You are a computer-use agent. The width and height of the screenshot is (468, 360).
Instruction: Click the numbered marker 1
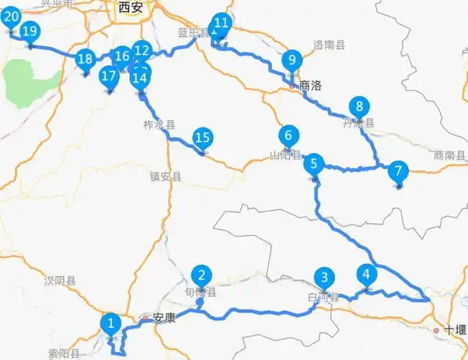tap(110, 322)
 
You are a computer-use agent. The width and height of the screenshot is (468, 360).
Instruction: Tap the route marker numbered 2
tap(201, 276)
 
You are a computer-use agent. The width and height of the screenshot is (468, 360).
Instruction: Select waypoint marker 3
tap(324, 278)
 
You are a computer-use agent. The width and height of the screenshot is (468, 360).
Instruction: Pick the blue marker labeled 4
tap(366, 275)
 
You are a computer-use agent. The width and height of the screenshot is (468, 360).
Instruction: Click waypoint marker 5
tap(314, 164)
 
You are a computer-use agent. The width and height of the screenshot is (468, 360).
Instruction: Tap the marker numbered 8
tap(357, 105)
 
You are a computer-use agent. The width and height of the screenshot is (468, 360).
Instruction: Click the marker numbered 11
tap(221, 23)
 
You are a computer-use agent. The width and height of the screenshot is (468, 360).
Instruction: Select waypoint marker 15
tap(203, 137)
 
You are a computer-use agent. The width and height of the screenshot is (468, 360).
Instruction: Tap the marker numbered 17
tap(110, 75)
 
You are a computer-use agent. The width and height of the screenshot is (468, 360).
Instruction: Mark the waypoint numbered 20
tap(12, 18)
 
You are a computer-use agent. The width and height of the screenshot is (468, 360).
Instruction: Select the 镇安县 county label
tap(165, 176)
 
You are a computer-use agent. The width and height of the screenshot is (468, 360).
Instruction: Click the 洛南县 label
tap(328, 45)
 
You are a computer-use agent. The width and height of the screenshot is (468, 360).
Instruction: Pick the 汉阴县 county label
tap(57, 280)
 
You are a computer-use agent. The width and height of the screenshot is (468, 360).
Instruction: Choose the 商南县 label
tap(449, 155)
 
